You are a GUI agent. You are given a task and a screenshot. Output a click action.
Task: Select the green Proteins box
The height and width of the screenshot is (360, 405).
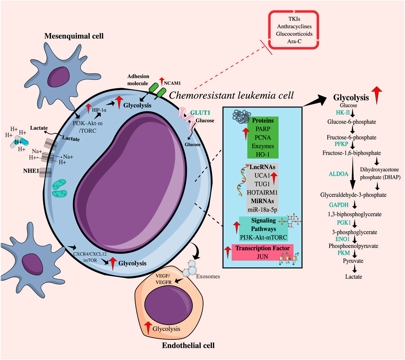pos(264,137)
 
